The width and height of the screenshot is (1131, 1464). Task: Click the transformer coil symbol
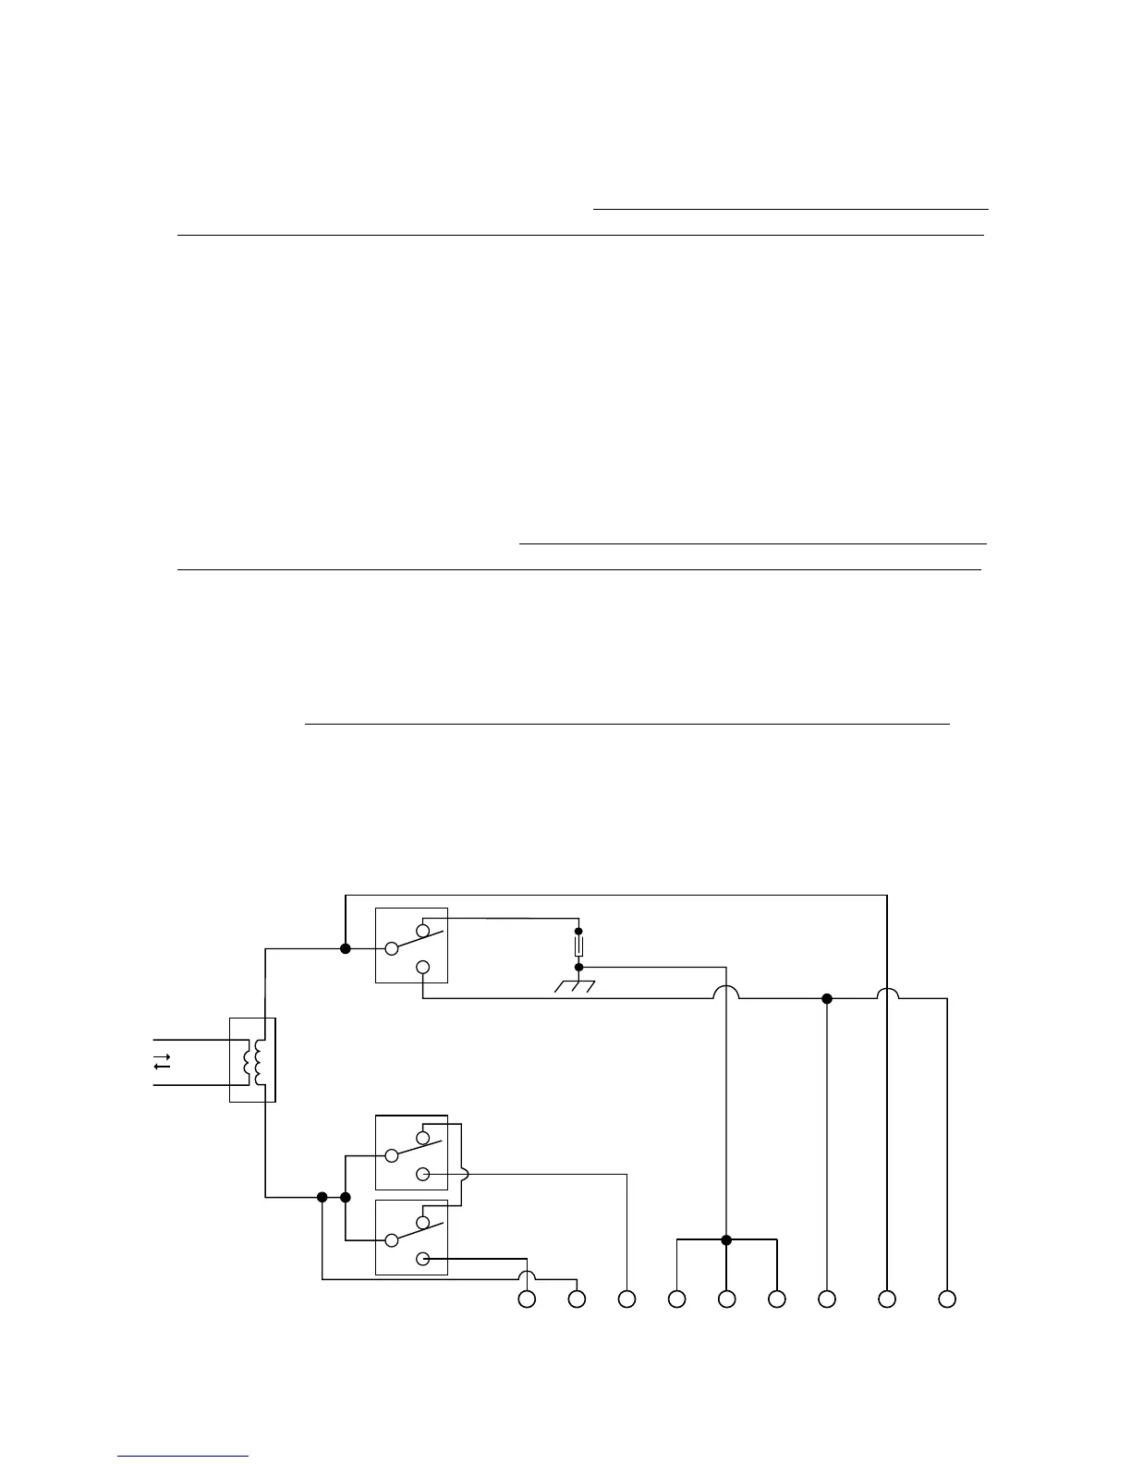pyautogui.click(x=252, y=1062)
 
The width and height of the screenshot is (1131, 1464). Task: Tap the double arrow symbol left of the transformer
pyautogui.click(x=162, y=1062)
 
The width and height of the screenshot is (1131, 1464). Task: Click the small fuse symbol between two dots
pyautogui.click(x=579, y=947)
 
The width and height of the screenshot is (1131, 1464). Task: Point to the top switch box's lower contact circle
pyautogui.click(x=423, y=967)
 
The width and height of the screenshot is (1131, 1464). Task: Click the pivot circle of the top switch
pyautogui.click(x=391, y=947)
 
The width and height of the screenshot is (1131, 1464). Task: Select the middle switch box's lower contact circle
pyautogui.click(x=423, y=1175)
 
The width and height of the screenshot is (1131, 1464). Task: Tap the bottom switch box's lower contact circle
pyautogui.click(x=423, y=1258)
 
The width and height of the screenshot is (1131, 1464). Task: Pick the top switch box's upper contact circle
pyautogui.click(x=423, y=929)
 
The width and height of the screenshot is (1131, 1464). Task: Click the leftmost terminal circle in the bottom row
pyautogui.click(x=527, y=1299)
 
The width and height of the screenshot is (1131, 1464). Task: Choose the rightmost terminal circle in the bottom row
pyautogui.click(x=947, y=1299)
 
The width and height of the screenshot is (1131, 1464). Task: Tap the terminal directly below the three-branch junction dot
pyautogui.click(x=727, y=1299)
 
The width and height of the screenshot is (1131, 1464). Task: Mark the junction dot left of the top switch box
pyautogui.click(x=346, y=948)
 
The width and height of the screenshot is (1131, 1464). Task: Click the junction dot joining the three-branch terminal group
pyautogui.click(x=726, y=1239)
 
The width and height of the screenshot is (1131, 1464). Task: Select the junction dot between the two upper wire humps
pyautogui.click(x=827, y=998)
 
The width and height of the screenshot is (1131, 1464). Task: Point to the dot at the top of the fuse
pyautogui.click(x=579, y=931)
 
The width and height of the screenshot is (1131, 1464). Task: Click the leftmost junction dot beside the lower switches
pyautogui.click(x=322, y=1197)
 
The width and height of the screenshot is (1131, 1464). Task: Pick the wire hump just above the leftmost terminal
pyautogui.click(x=527, y=1276)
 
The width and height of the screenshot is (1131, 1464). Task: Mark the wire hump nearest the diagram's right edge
pyautogui.click(x=887, y=994)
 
